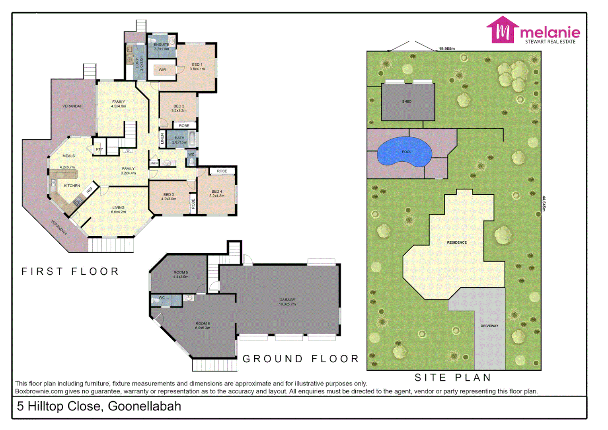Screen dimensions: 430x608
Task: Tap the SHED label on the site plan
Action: click(x=407, y=102)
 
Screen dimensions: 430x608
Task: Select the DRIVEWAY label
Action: click(x=489, y=326)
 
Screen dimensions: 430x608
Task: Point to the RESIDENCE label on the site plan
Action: click(x=456, y=242)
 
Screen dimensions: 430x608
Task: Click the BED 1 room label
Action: click(x=197, y=64)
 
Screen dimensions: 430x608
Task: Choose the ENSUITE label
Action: click(x=161, y=45)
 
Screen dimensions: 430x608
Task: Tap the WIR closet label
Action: click(x=162, y=70)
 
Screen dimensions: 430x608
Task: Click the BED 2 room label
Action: click(x=179, y=106)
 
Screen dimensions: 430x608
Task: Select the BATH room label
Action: click(x=179, y=138)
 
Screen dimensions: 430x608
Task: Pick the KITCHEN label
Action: click(x=72, y=186)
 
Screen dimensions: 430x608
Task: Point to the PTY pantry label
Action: click(x=99, y=149)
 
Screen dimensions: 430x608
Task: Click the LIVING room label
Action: click(x=118, y=207)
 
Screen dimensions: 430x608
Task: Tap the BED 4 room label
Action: click(x=217, y=192)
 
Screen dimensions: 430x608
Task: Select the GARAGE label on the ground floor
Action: click(x=287, y=300)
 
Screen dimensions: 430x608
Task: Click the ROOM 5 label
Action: click(x=181, y=273)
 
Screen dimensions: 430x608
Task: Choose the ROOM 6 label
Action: click(x=203, y=324)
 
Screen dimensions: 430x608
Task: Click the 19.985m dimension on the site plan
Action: click(x=446, y=49)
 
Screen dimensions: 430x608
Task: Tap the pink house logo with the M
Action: click(x=503, y=30)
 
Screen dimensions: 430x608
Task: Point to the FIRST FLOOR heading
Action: click(x=70, y=272)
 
